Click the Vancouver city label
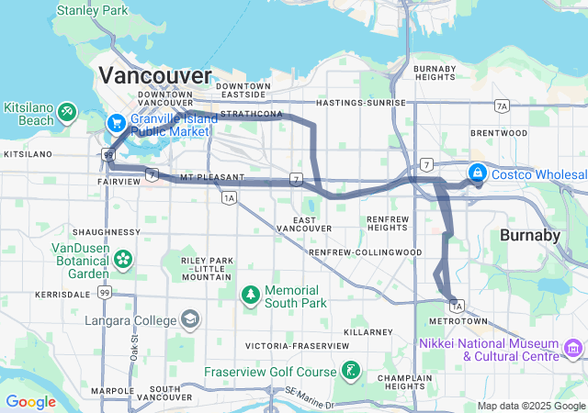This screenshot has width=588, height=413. tap(154, 74)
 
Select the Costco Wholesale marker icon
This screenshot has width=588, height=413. tap(478, 172)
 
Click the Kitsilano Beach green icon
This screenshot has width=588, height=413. tap(67, 112)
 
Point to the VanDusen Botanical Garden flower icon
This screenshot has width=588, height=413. tap(123, 259)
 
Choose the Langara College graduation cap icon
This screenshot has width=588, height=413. tap(190, 320)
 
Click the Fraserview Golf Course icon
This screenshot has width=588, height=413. tap(350, 372)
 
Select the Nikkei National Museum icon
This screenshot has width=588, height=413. tap(574, 348)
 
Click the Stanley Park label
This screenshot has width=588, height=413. tap(93, 11)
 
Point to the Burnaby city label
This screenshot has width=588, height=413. tap(529, 235)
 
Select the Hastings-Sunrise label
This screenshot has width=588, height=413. tap(360, 104)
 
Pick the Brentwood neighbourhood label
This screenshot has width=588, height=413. tap(498, 132)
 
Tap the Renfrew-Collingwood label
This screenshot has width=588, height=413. tap(366, 251)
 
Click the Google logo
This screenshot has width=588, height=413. tap(30, 401)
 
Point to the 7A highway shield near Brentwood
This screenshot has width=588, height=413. tap(501, 106)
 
